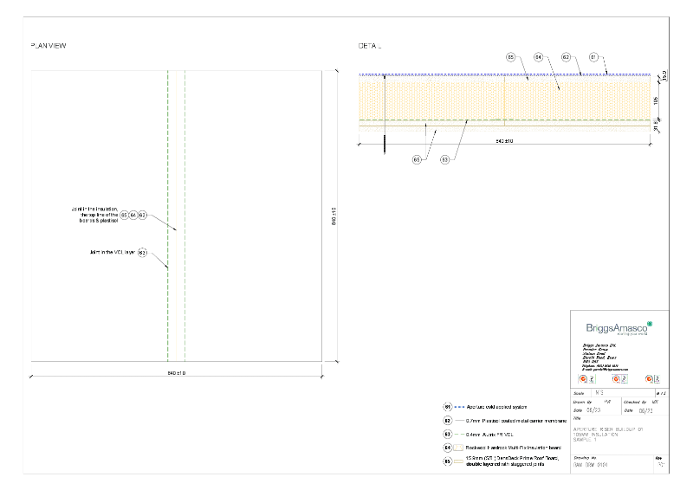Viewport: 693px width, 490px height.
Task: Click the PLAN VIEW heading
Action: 49,46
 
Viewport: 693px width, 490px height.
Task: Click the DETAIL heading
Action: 370,46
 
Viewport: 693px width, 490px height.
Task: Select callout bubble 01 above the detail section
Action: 593,57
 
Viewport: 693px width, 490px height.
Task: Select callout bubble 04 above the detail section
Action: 538,57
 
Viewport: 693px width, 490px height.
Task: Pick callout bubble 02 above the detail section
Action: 566,57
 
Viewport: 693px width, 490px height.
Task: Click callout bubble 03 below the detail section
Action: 444,159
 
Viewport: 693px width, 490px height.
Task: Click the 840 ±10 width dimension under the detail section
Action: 504,139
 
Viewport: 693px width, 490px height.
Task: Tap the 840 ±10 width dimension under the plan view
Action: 177,373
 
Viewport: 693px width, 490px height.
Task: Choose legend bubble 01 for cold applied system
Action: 448,406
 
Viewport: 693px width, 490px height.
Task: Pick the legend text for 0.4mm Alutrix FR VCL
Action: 495,433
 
